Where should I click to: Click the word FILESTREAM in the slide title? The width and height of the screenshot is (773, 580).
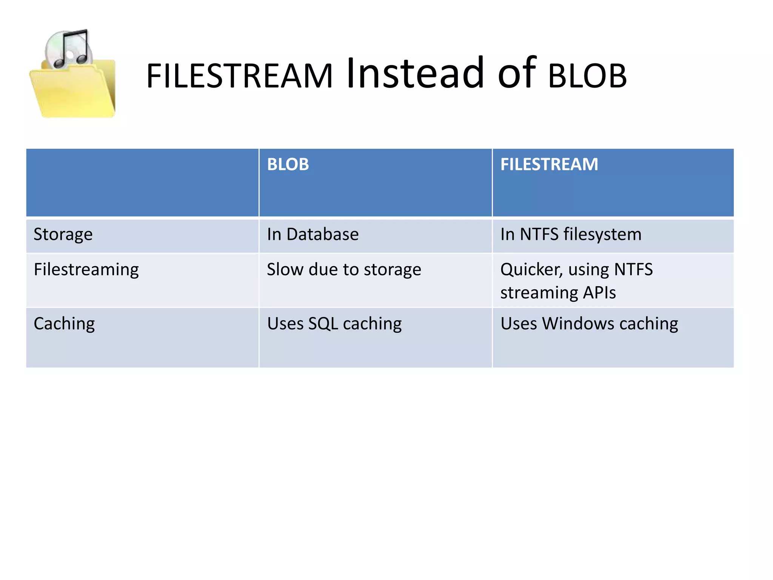239,76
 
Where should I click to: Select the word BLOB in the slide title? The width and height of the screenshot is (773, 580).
587,76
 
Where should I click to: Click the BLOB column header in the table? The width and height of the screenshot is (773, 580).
288,165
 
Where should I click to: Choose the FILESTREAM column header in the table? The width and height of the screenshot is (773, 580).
549,165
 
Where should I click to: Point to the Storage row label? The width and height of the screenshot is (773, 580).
63,234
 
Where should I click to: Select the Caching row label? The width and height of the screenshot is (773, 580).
64,324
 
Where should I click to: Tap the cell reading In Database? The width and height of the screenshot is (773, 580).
313,234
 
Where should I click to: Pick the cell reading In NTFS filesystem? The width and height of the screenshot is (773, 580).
570,234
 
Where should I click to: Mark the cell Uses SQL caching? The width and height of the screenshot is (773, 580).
334,324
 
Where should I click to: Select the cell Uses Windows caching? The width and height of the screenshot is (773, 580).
589,324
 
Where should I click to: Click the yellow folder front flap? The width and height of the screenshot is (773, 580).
72,94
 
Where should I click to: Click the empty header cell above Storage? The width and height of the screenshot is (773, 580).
142,183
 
